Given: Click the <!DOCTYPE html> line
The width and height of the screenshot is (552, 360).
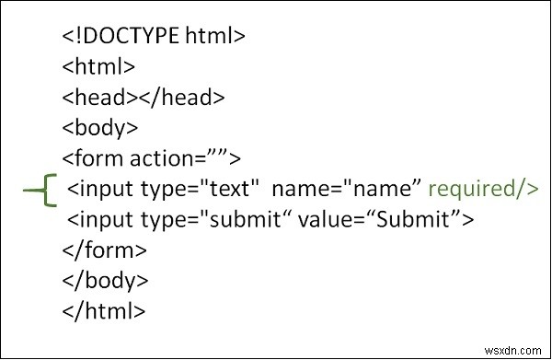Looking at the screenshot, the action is click(x=154, y=38).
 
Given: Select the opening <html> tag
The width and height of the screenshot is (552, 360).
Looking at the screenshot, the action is click(x=98, y=67).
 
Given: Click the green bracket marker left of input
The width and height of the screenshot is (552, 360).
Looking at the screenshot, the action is click(x=41, y=190).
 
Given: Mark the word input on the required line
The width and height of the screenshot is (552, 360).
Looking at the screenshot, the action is click(x=106, y=190).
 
